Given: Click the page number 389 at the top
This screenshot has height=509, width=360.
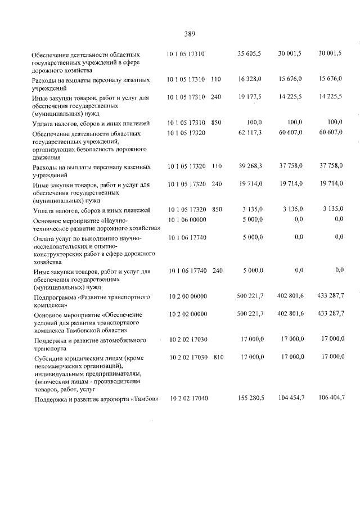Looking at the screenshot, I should click(190, 34).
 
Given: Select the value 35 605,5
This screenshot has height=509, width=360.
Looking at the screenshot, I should click(250, 53).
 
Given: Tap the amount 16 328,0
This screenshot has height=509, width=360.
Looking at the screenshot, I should click(250, 80).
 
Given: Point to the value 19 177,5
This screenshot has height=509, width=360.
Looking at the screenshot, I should click(250, 97).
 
